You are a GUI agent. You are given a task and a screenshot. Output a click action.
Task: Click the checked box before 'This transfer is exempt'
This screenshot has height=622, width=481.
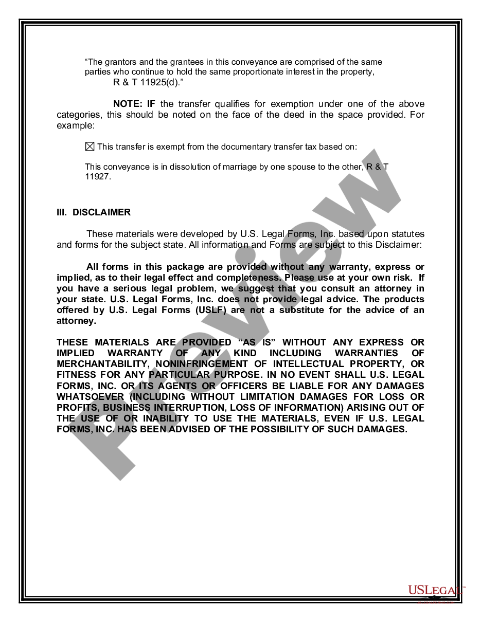point(90,147)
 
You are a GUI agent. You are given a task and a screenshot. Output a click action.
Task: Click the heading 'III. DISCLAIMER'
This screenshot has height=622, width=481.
point(94,212)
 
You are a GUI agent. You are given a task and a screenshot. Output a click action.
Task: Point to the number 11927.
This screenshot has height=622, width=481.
point(97,177)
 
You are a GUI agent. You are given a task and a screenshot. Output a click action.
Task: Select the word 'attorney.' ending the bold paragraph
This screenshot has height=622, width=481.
point(76,321)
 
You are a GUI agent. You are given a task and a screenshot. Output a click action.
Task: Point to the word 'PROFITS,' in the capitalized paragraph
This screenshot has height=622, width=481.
point(77,408)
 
